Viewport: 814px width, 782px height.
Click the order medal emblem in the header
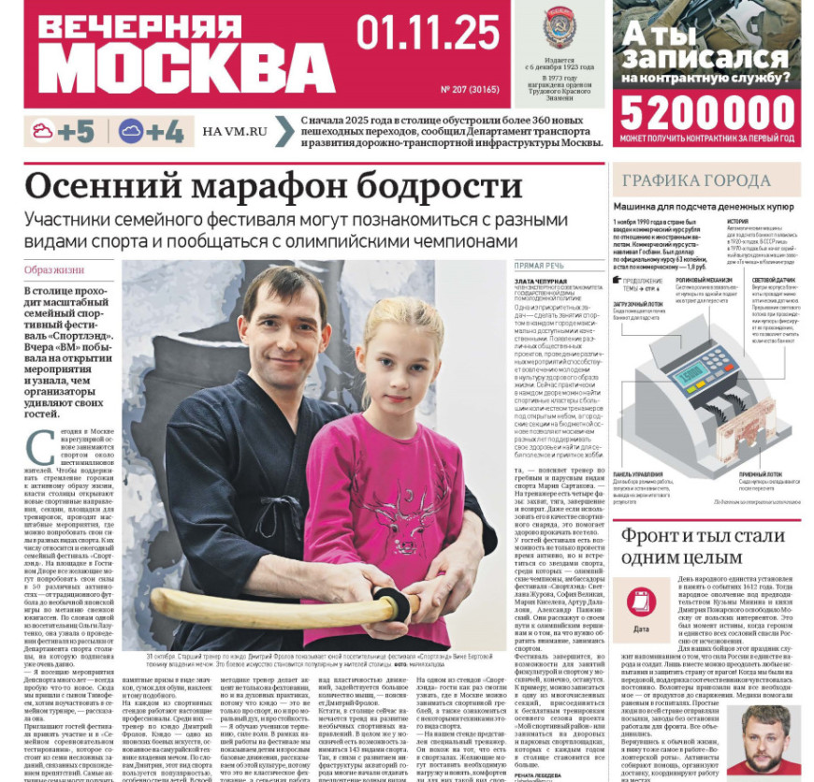pyautogui.click(x=560, y=28)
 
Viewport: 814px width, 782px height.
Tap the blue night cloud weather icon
pyautogui.click(x=131, y=132)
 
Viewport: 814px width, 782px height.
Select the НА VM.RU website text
pyautogui.click(x=234, y=132)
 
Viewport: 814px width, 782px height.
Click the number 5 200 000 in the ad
pyautogui.click(x=707, y=113)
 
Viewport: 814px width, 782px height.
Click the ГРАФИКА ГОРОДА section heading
pyautogui.click(x=697, y=181)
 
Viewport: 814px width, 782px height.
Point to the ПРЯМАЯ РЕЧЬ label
pyautogui.click(x=540, y=266)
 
